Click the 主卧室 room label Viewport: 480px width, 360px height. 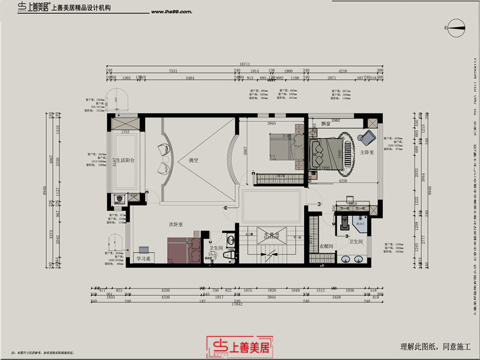(x=367, y=152)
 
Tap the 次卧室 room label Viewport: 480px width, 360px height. (x=175, y=224)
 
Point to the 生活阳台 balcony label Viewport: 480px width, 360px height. (x=125, y=160)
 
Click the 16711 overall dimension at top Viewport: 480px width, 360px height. (x=244, y=63)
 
